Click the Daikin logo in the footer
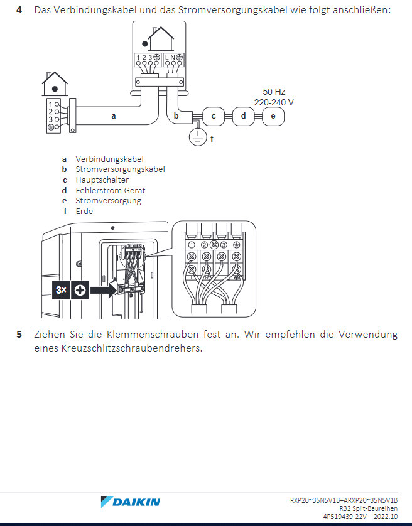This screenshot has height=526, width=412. coord(130,502)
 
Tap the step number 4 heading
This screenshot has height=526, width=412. coord(19,10)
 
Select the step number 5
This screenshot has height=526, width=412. coord(19,335)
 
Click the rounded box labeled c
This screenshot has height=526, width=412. coord(213,116)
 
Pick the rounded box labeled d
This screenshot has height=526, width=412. coord(243,116)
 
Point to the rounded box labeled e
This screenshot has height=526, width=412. coord(273,116)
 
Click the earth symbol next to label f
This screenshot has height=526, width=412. coord(197,137)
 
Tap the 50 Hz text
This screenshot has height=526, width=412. coord(274,92)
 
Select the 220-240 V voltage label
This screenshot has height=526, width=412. coord(274,102)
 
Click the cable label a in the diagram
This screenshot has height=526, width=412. coord(114,116)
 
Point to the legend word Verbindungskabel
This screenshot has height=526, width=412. coord(109,159)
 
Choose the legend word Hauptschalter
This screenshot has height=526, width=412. coord(102,180)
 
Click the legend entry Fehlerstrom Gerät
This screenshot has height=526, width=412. coord(111,191)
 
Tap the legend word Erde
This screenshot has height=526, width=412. coord(84,212)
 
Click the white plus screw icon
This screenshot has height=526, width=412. coord(80,290)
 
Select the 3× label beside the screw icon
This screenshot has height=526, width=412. coord(61,290)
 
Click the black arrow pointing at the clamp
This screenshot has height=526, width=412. coord(104,290)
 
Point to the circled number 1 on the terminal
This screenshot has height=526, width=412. coord(192,245)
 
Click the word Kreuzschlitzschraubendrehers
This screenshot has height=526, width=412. coord(132,348)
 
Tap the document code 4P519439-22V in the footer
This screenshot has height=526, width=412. coord(345,517)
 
